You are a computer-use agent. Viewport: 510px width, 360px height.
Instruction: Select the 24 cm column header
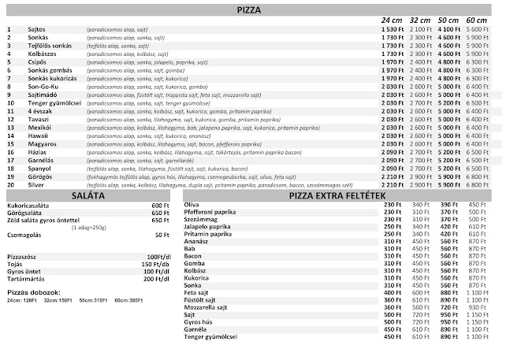[x=392, y=19]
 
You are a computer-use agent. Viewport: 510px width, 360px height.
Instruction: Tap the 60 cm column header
[x=476, y=19]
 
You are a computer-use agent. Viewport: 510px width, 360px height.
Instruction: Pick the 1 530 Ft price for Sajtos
[x=392, y=28]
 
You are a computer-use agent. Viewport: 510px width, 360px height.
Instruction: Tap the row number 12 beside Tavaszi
[x=10, y=119]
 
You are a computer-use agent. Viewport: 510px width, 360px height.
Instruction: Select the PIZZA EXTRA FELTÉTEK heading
[x=337, y=195]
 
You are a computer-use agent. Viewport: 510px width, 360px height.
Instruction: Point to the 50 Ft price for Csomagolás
[x=162, y=234]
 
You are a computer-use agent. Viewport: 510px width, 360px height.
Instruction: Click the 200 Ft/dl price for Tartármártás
[x=157, y=278]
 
